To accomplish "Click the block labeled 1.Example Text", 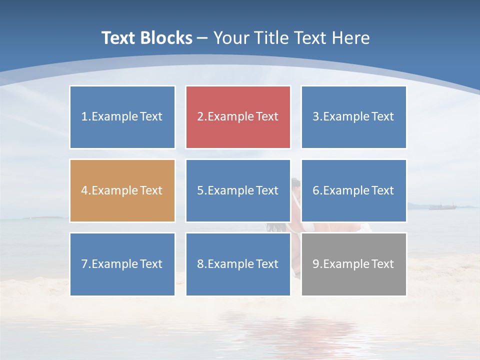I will (122, 117).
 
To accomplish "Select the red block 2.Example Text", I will (238, 117).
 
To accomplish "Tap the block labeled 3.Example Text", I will (353, 117).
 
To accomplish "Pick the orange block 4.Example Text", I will (122, 190).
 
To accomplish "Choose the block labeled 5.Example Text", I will (238, 190).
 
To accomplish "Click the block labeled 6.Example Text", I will (353, 190).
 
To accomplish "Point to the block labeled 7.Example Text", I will (122, 264).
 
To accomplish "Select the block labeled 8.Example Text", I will (238, 264).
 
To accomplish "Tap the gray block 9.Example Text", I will (353, 264).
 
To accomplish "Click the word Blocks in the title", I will (168, 38).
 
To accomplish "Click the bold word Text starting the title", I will (119, 38).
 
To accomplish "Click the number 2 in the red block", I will (200, 117).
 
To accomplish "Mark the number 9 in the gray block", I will (315, 264).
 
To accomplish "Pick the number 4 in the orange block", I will (84, 190).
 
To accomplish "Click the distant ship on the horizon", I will (439, 206).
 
